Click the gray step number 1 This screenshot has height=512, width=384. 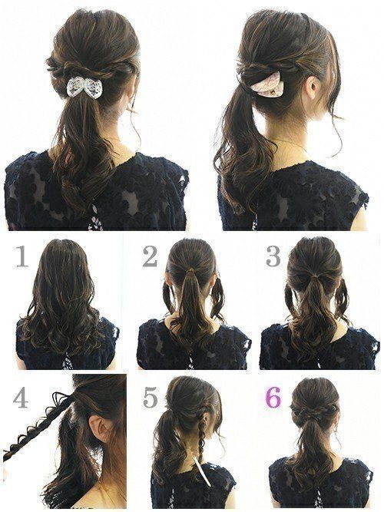click(22, 256)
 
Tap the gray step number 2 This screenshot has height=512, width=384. click(150, 256)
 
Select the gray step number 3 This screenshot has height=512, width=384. click(273, 256)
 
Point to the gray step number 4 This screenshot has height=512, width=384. click(20, 398)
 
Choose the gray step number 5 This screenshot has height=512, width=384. click(151, 398)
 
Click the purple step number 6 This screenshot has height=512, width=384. click(273, 398)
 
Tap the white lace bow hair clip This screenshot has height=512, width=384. click(81, 87)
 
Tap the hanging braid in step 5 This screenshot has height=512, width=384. click(200, 434)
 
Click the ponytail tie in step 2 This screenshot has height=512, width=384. click(190, 271)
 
